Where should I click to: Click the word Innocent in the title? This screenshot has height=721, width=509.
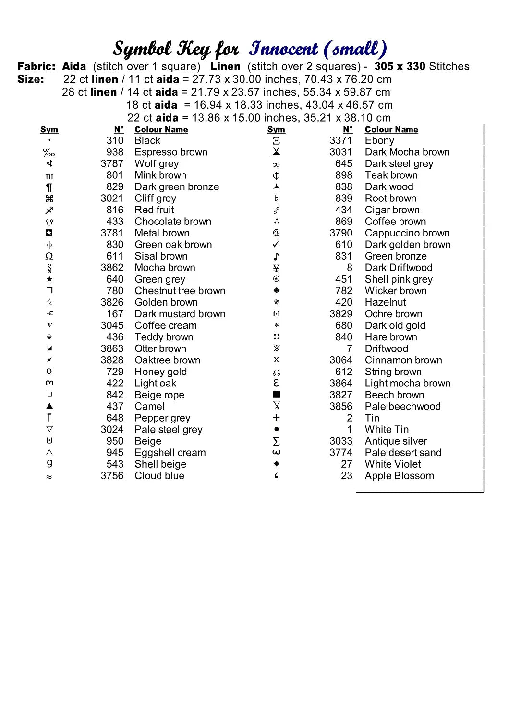coord(283,49)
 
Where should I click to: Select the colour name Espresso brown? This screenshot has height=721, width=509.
coord(171,152)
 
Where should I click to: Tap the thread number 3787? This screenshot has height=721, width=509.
coord(112,164)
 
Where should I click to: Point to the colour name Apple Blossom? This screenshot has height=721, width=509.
coord(399,476)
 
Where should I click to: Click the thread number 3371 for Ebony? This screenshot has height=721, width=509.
coord(340,141)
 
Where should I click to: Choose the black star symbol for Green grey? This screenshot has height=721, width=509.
coord(49,279)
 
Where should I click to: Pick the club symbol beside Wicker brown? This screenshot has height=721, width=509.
coord(276,291)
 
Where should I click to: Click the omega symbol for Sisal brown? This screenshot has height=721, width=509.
coord(49,256)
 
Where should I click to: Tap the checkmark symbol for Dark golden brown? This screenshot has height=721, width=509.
coord(276,245)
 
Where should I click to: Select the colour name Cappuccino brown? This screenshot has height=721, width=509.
coord(407,233)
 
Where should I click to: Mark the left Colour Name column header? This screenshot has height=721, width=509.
coord(161,130)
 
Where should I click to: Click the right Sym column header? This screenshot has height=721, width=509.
coord(276,130)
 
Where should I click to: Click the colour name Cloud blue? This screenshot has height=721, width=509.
coord(159,476)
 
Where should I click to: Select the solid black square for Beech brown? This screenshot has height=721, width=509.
coord(276,395)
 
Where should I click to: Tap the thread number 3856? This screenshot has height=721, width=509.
coord(340,407)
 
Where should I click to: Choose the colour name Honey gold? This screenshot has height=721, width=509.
coord(160,372)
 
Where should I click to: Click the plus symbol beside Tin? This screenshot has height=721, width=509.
coord(276,418)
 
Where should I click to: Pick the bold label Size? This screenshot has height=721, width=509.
coord(31,79)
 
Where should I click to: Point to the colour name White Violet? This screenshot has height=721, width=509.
coord(392,464)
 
